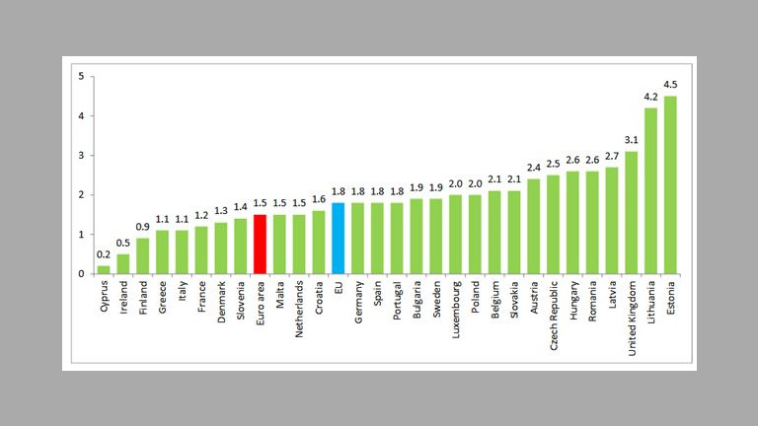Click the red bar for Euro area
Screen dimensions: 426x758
[x=261, y=244]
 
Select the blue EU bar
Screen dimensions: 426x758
[x=339, y=238]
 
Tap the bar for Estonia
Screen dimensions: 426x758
[x=670, y=184]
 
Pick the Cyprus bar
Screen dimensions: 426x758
[x=104, y=269]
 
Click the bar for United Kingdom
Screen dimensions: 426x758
[x=632, y=212]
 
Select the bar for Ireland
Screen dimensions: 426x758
[x=123, y=263]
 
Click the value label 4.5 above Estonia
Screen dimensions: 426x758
[x=670, y=84]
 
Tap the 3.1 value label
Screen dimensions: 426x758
[x=632, y=140]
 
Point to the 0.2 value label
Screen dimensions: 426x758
[x=104, y=254]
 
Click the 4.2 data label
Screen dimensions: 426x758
[x=651, y=97]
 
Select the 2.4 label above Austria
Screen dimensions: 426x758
[x=534, y=168]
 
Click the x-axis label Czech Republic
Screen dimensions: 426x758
[x=554, y=314]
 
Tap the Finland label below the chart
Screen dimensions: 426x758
[x=143, y=300]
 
